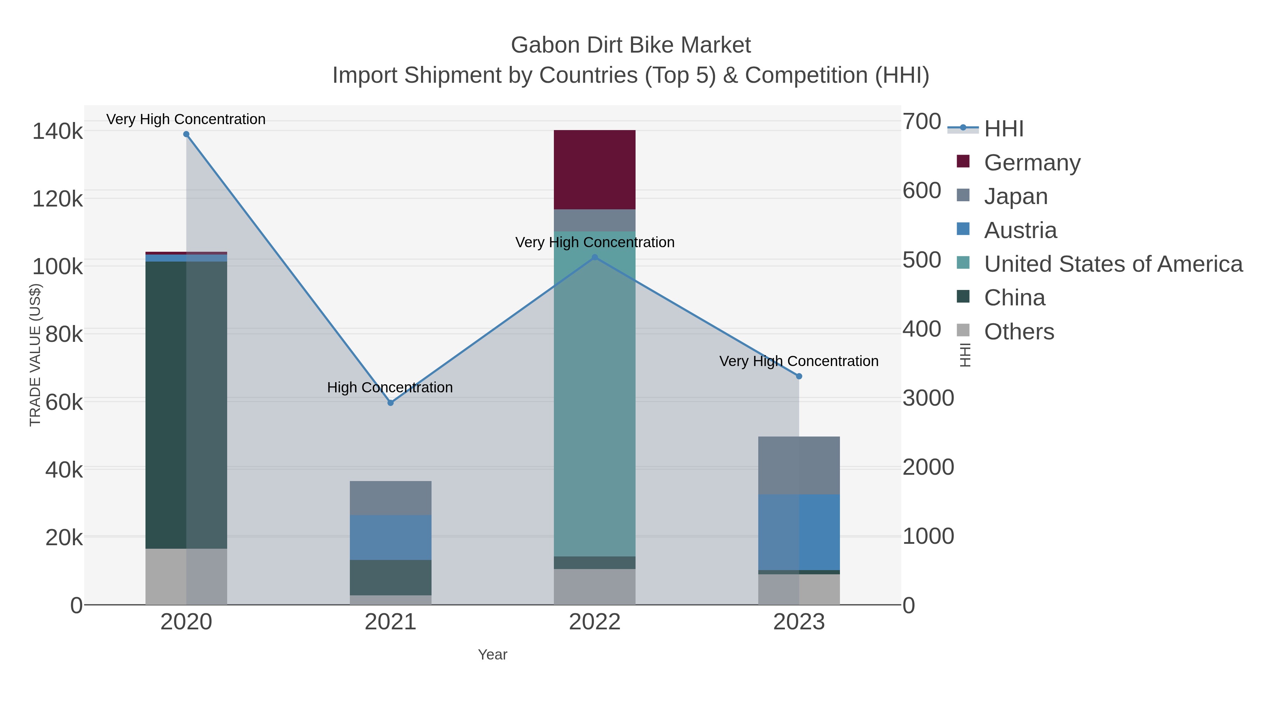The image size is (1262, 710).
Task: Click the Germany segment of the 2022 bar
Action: coord(594,170)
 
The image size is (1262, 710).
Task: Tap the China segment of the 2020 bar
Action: coord(186,405)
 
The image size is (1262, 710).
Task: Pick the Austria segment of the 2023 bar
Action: coord(799,532)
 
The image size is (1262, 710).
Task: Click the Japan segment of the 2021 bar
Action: coord(391,498)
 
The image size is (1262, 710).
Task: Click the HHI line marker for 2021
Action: coord(391,403)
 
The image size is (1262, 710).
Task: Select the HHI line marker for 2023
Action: coord(799,376)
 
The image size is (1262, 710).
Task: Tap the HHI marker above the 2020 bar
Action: coord(186,134)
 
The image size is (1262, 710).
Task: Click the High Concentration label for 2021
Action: coord(390,387)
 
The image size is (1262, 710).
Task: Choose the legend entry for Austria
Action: coord(1020,230)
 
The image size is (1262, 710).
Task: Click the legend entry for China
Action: coord(1014,298)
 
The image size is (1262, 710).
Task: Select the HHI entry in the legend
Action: coord(1003,129)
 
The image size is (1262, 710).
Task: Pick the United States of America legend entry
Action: coord(1113,264)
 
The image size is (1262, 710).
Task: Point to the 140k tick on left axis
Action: coord(57,132)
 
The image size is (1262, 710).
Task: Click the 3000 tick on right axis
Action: coord(928,398)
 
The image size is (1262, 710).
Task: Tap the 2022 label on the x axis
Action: coord(594,622)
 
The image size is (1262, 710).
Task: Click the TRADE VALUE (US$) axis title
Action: coord(35,355)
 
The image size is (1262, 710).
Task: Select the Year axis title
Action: coord(493,655)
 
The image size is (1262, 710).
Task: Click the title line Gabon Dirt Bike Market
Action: coord(631,45)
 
